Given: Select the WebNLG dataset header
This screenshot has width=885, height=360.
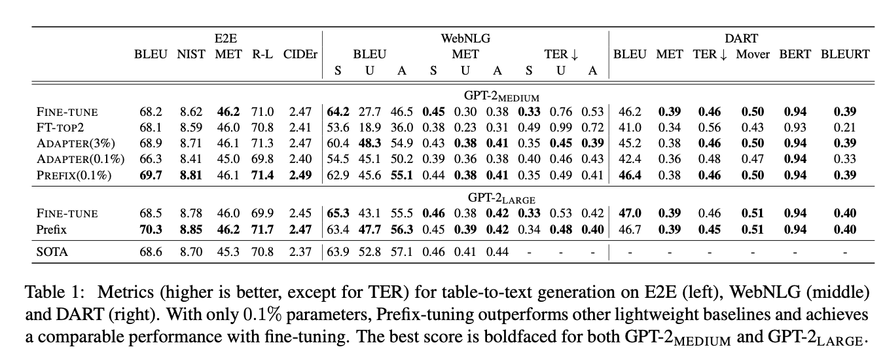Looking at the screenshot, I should coord(465,39).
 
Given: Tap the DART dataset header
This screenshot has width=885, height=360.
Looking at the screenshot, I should coord(741,39).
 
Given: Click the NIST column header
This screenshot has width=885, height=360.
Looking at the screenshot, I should coord(191,54).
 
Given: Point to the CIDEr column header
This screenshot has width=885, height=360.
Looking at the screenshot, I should coord(300,54).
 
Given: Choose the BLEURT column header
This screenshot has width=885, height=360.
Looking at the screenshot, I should coord(845,54).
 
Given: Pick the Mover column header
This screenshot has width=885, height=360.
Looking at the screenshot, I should coord(753,54).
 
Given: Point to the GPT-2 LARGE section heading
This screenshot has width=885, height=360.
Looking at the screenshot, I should coord(501,198).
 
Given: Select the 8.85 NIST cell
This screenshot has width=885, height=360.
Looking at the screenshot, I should coord(191,230).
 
